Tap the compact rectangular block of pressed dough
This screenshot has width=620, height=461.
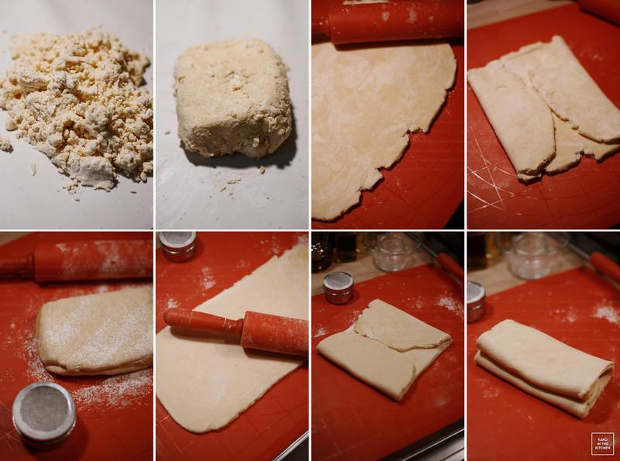pyautogui.click(x=234, y=99)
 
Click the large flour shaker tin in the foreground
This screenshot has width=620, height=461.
pyautogui.click(x=44, y=412)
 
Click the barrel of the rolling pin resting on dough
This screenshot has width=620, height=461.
pyautogui.click(x=275, y=333)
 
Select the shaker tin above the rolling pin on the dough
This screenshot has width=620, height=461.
pyautogui.click(x=177, y=246)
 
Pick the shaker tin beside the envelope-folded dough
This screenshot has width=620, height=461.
pyautogui.click(x=338, y=287)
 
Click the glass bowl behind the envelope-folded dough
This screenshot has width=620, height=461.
pyautogui.click(x=394, y=252)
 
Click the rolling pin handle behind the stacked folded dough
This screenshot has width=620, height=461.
pyautogui.click(x=605, y=266)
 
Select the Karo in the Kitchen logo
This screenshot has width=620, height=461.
pyautogui.click(x=603, y=444)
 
